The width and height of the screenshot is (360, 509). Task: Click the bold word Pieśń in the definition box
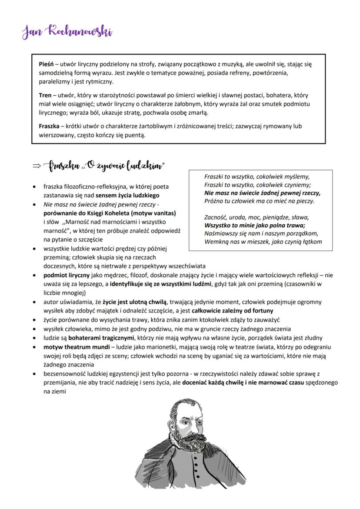click(47, 64)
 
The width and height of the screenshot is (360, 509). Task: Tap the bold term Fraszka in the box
click(49, 126)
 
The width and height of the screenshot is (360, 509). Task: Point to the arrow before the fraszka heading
click(37, 166)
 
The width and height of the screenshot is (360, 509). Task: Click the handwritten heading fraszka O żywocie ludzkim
click(108, 166)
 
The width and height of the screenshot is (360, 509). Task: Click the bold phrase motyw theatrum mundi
click(73, 347)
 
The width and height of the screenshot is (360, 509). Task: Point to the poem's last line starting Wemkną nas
click(263, 242)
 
